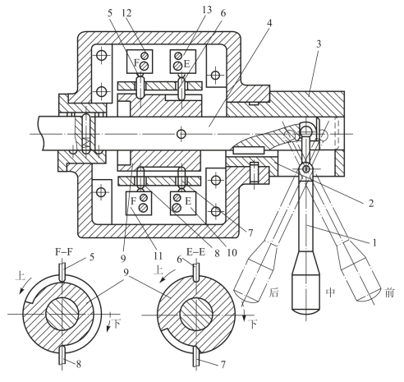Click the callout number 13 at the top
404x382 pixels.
tap(207, 10)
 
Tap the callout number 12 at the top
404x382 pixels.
tap(126, 13)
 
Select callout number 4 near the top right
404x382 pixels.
tap(269, 23)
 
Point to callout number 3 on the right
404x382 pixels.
tap(319, 44)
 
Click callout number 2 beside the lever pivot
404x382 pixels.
tap(371, 204)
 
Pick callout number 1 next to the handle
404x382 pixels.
tap(374, 242)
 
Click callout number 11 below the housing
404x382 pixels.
tap(158, 256)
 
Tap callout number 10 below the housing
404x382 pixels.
tap(232, 252)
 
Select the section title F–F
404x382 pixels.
tap(64, 252)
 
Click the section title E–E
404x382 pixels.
tap(195, 252)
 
